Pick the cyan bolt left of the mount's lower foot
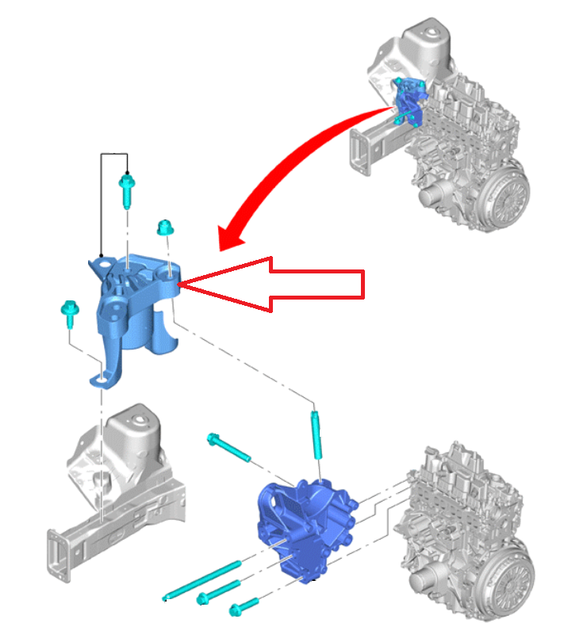coord(67,314)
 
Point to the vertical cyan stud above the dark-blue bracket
coord(317,434)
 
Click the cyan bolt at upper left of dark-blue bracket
coord(229,449)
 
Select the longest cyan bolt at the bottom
coord(202,580)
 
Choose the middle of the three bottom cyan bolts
coord(218,591)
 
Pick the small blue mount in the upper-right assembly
coord(411,101)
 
